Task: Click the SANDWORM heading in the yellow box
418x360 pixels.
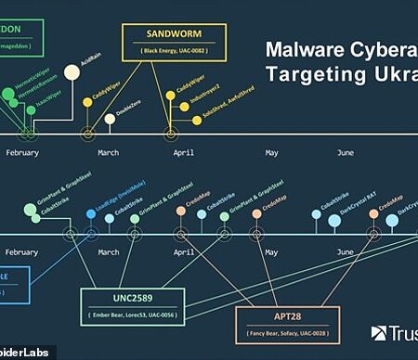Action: [x=174, y=34]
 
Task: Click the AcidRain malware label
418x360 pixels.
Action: [x=89, y=68]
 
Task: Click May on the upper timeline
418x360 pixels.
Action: [x=272, y=151]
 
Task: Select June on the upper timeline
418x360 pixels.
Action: [x=345, y=151]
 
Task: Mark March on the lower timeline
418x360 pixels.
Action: [x=109, y=251]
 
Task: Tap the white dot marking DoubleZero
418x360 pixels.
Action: [x=110, y=118]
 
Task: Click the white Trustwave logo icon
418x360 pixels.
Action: [x=379, y=333]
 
